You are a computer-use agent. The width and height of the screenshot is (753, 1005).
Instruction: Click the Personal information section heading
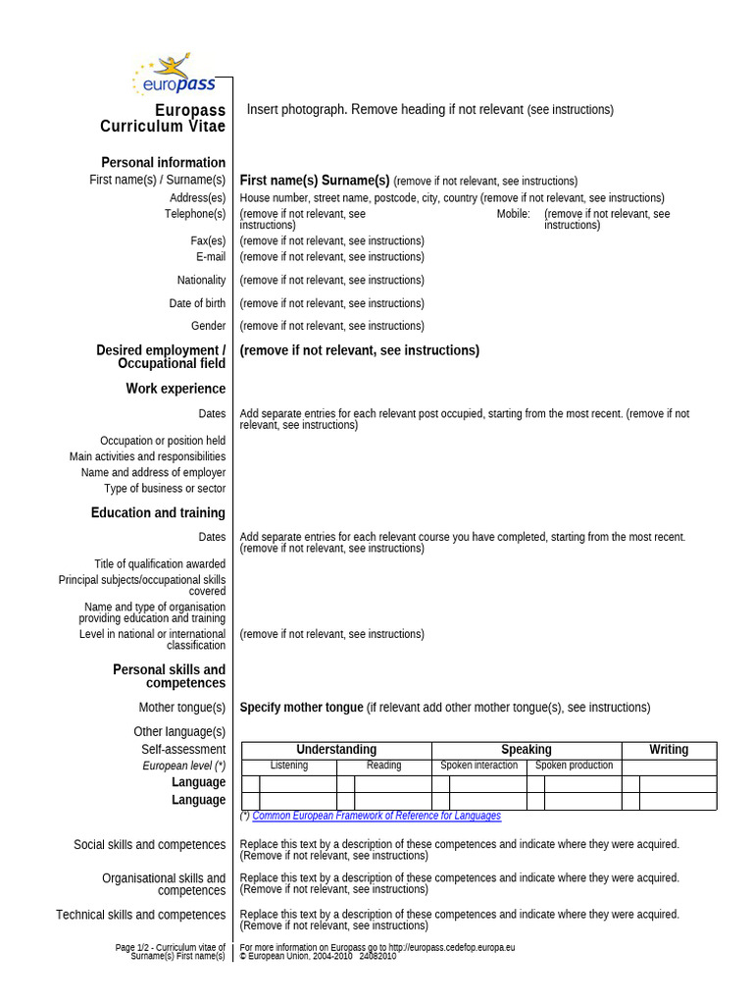click(163, 162)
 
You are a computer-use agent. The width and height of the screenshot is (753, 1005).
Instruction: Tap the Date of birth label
click(197, 303)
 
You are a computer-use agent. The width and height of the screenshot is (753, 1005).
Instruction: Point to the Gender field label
click(208, 326)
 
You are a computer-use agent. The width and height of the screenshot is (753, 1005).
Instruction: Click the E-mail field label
click(211, 257)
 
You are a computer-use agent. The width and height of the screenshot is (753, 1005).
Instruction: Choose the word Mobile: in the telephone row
click(513, 214)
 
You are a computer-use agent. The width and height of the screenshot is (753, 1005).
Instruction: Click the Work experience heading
click(176, 389)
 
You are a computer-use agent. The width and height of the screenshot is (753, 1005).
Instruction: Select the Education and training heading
click(158, 512)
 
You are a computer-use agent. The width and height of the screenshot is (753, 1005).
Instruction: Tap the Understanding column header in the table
click(336, 750)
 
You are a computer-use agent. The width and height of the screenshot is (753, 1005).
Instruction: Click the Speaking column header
click(527, 750)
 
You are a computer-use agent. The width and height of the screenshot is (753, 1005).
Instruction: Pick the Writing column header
click(669, 750)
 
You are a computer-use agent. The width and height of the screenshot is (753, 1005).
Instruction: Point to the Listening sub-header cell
click(288, 766)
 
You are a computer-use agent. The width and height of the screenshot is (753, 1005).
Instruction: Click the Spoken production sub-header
click(574, 766)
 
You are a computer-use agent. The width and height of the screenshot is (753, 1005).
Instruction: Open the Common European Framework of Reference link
click(376, 816)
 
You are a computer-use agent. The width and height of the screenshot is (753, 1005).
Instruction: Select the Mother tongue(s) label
click(181, 708)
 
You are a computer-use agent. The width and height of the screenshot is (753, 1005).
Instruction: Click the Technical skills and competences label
click(140, 915)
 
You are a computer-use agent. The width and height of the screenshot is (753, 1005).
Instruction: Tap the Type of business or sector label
click(165, 489)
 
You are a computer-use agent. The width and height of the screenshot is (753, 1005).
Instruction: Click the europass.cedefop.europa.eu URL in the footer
click(451, 948)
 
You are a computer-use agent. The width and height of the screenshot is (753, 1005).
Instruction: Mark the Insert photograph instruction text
click(429, 110)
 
